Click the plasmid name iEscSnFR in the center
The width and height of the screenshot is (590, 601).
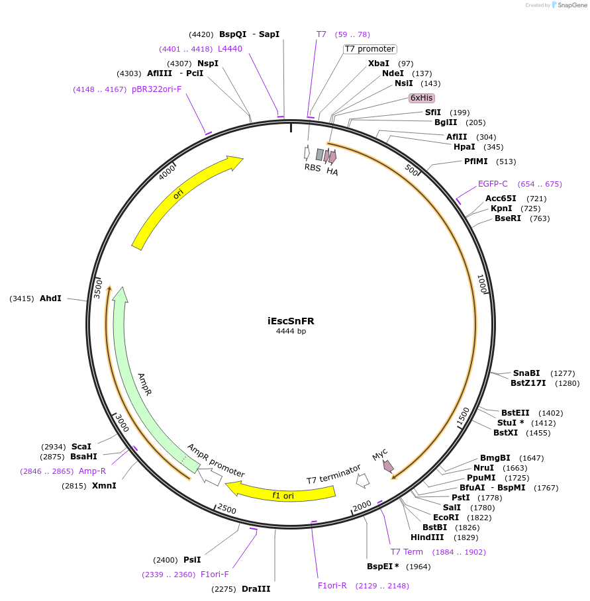pos(291,321)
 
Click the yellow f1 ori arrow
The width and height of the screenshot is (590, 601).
pos(281,493)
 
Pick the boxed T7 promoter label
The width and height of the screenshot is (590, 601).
pos(369,49)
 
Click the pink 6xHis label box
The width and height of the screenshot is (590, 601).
pos(422,98)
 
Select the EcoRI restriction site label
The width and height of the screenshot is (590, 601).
pos(446,518)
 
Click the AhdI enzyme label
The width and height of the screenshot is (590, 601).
pos(50,299)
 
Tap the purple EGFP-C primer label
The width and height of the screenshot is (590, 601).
pos(493,184)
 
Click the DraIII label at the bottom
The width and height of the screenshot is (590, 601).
pos(256,589)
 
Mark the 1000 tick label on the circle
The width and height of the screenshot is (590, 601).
pos(482,285)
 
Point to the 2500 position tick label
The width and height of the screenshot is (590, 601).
pos(226,510)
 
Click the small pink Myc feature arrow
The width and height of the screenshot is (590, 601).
pos(389,466)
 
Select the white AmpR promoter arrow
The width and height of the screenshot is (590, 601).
pos(211,477)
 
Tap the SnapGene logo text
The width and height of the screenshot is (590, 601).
pos(571,5)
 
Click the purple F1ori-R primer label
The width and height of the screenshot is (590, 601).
pos(332,586)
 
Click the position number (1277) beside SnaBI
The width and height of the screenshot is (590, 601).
pos(563,373)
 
